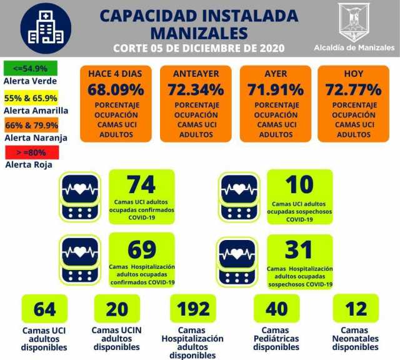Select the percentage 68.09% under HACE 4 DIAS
(115, 89)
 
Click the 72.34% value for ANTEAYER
(196, 89)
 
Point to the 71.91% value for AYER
(276, 89)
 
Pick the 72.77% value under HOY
(355, 89)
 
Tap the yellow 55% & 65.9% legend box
(31, 98)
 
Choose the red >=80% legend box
(31, 151)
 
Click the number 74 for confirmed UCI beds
(141, 186)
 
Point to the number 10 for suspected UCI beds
(299, 186)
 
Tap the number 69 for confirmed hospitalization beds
(141, 249)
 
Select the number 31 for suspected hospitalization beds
(299, 249)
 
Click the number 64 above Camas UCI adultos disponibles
(45, 309)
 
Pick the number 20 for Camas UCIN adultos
(117, 309)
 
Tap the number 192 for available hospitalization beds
(194, 309)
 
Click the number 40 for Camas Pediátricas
(276, 309)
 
